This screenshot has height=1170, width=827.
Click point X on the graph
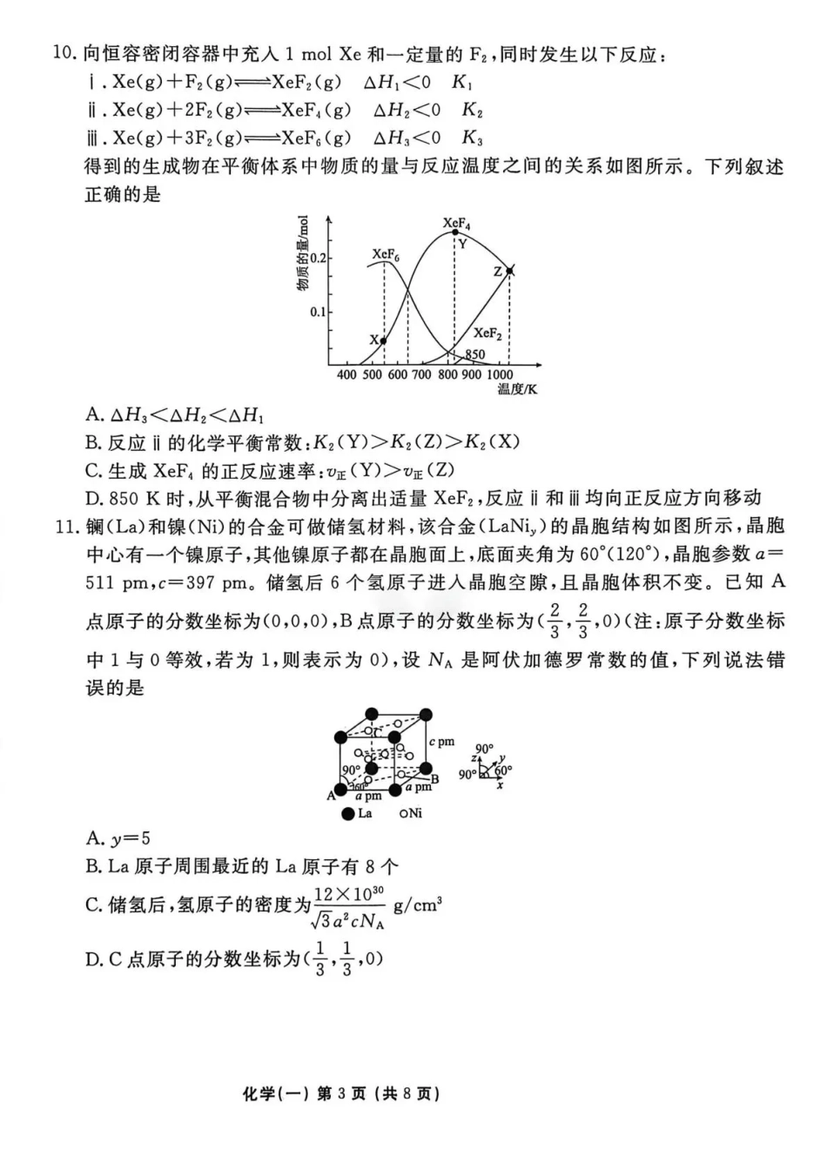coord(384,340)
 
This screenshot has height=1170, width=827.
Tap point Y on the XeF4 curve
coord(454,232)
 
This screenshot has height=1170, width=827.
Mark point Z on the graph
coord(509,272)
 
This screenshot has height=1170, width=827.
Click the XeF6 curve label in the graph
coord(386,254)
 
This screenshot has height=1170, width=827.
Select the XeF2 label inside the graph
coord(487,333)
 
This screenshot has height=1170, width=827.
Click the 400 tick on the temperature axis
coord(346,374)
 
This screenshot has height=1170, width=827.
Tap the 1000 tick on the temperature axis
coord(500,374)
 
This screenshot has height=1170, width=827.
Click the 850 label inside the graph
coord(474,354)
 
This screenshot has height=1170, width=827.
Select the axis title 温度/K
coord(517,388)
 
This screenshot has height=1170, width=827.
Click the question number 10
coord(65,54)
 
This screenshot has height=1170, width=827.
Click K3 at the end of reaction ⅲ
coord(472,138)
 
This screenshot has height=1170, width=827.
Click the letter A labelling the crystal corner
coord(331,795)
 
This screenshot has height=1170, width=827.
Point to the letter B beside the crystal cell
coord(434,778)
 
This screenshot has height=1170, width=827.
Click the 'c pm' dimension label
coord(442,742)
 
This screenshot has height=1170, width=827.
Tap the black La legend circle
coord(347,813)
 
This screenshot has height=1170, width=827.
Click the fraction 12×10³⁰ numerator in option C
coord(348,894)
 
